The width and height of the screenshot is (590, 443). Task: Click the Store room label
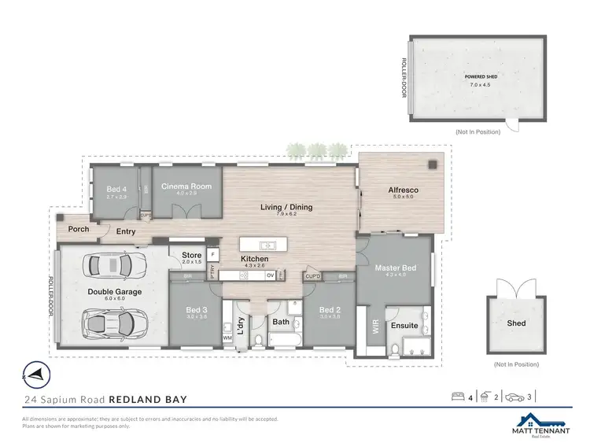click(192, 256)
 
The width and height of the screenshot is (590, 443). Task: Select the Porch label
click(79, 230)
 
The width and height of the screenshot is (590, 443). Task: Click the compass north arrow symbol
click(35, 373)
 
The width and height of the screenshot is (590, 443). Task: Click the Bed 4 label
click(116, 190)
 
